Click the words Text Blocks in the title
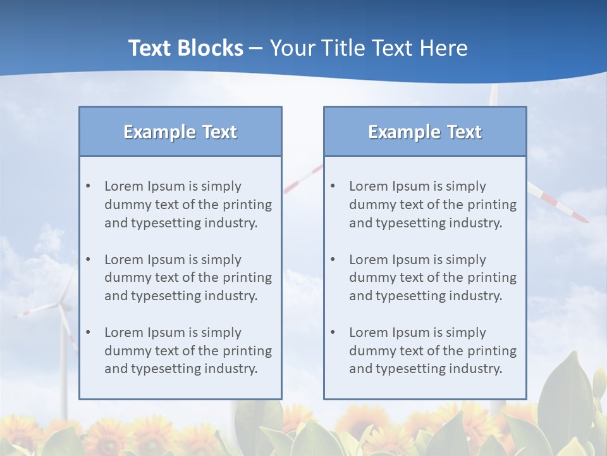[x=185, y=48]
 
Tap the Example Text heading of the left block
[x=180, y=132]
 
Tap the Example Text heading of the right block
[x=425, y=132]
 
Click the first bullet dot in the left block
[x=88, y=186]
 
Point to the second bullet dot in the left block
[x=88, y=260]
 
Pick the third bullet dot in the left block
[x=88, y=332]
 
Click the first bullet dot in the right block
[x=333, y=186]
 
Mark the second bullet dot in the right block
[x=333, y=260]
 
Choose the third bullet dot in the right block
[x=333, y=332]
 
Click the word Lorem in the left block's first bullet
[x=124, y=186]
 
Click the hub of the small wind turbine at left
[x=62, y=306]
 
